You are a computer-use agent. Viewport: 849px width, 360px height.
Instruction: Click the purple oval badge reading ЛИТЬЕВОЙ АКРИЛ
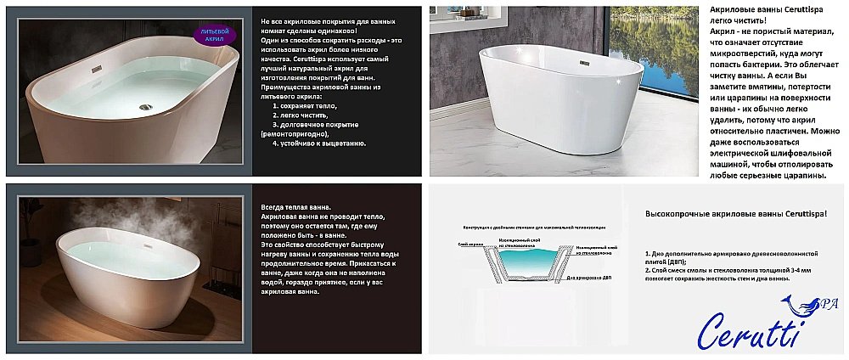[216, 33]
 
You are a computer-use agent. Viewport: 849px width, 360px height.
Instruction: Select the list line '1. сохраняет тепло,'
[304, 105]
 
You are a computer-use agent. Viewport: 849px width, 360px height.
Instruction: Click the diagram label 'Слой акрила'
[469, 245]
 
